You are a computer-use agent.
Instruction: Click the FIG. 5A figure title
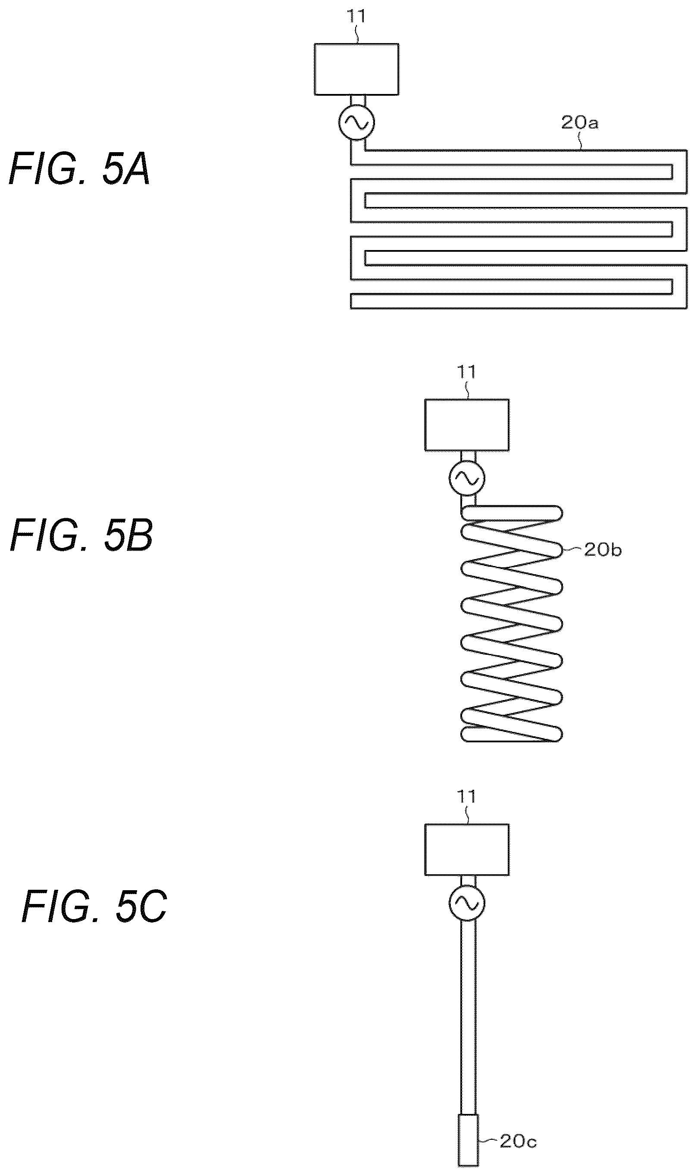pos(79,169)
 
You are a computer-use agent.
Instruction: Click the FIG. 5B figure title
pos(81,535)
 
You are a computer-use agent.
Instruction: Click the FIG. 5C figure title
pos(94,906)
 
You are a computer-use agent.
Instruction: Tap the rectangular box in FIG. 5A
pos(356,69)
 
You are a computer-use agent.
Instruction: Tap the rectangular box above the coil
pos(466,425)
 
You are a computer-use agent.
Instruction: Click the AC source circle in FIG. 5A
pos(356,122)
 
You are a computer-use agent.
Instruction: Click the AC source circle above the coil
pos(466,479)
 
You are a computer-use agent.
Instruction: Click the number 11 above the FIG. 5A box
pos(356,16)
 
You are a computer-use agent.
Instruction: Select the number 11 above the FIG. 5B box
pos(466,372)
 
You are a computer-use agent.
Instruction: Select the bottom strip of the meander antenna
pos(519,301)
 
